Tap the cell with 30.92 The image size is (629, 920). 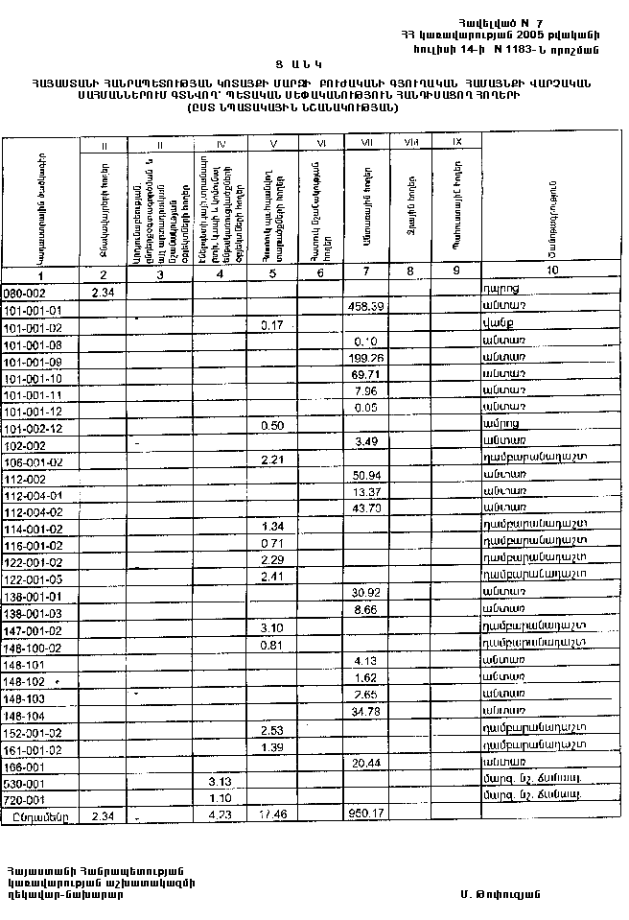[x=368, y=593]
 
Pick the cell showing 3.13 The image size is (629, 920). [x=221, y=781]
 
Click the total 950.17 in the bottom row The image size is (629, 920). [x=367, y=814]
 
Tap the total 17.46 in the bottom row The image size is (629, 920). [x=273, y=814]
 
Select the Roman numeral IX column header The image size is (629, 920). [x=456, y=142]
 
